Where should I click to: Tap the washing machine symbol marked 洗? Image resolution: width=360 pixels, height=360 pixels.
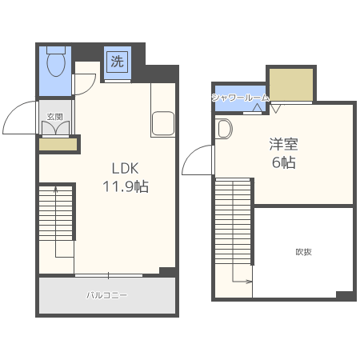click(x=118, y=62)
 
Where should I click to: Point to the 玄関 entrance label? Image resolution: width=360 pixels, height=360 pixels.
click(x=54, y=117)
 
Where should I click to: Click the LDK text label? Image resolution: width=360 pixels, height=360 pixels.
click(x=125, y=168)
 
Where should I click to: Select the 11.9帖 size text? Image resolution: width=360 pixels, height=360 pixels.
click(x=126, y=186)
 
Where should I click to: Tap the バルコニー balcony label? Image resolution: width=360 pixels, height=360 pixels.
click(x=106, y=295)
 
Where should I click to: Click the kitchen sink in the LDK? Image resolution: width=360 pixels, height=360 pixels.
click(x=163, y=123)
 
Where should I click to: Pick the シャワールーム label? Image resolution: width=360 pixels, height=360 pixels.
click(x=240, y=98)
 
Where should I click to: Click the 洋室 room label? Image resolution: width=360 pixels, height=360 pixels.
click(x=283, y=144)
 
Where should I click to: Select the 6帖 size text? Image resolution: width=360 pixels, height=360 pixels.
click(x=284, y=162)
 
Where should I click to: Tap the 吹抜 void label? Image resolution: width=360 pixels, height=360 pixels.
click(x=304, y=252)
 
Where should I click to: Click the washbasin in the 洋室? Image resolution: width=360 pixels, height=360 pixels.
click(x=224, y=129)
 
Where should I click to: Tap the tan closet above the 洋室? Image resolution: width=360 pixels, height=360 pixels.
click(x=291, y=85)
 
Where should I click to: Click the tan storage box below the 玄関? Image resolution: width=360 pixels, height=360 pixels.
click(x=58, y=145)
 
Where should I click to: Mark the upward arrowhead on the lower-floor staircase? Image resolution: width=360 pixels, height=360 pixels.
click(x=56, y=189)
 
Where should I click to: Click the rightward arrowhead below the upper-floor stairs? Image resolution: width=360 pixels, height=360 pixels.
click(x=249, y=282)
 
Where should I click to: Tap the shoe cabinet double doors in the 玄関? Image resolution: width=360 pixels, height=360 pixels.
click(x=55, y=128)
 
